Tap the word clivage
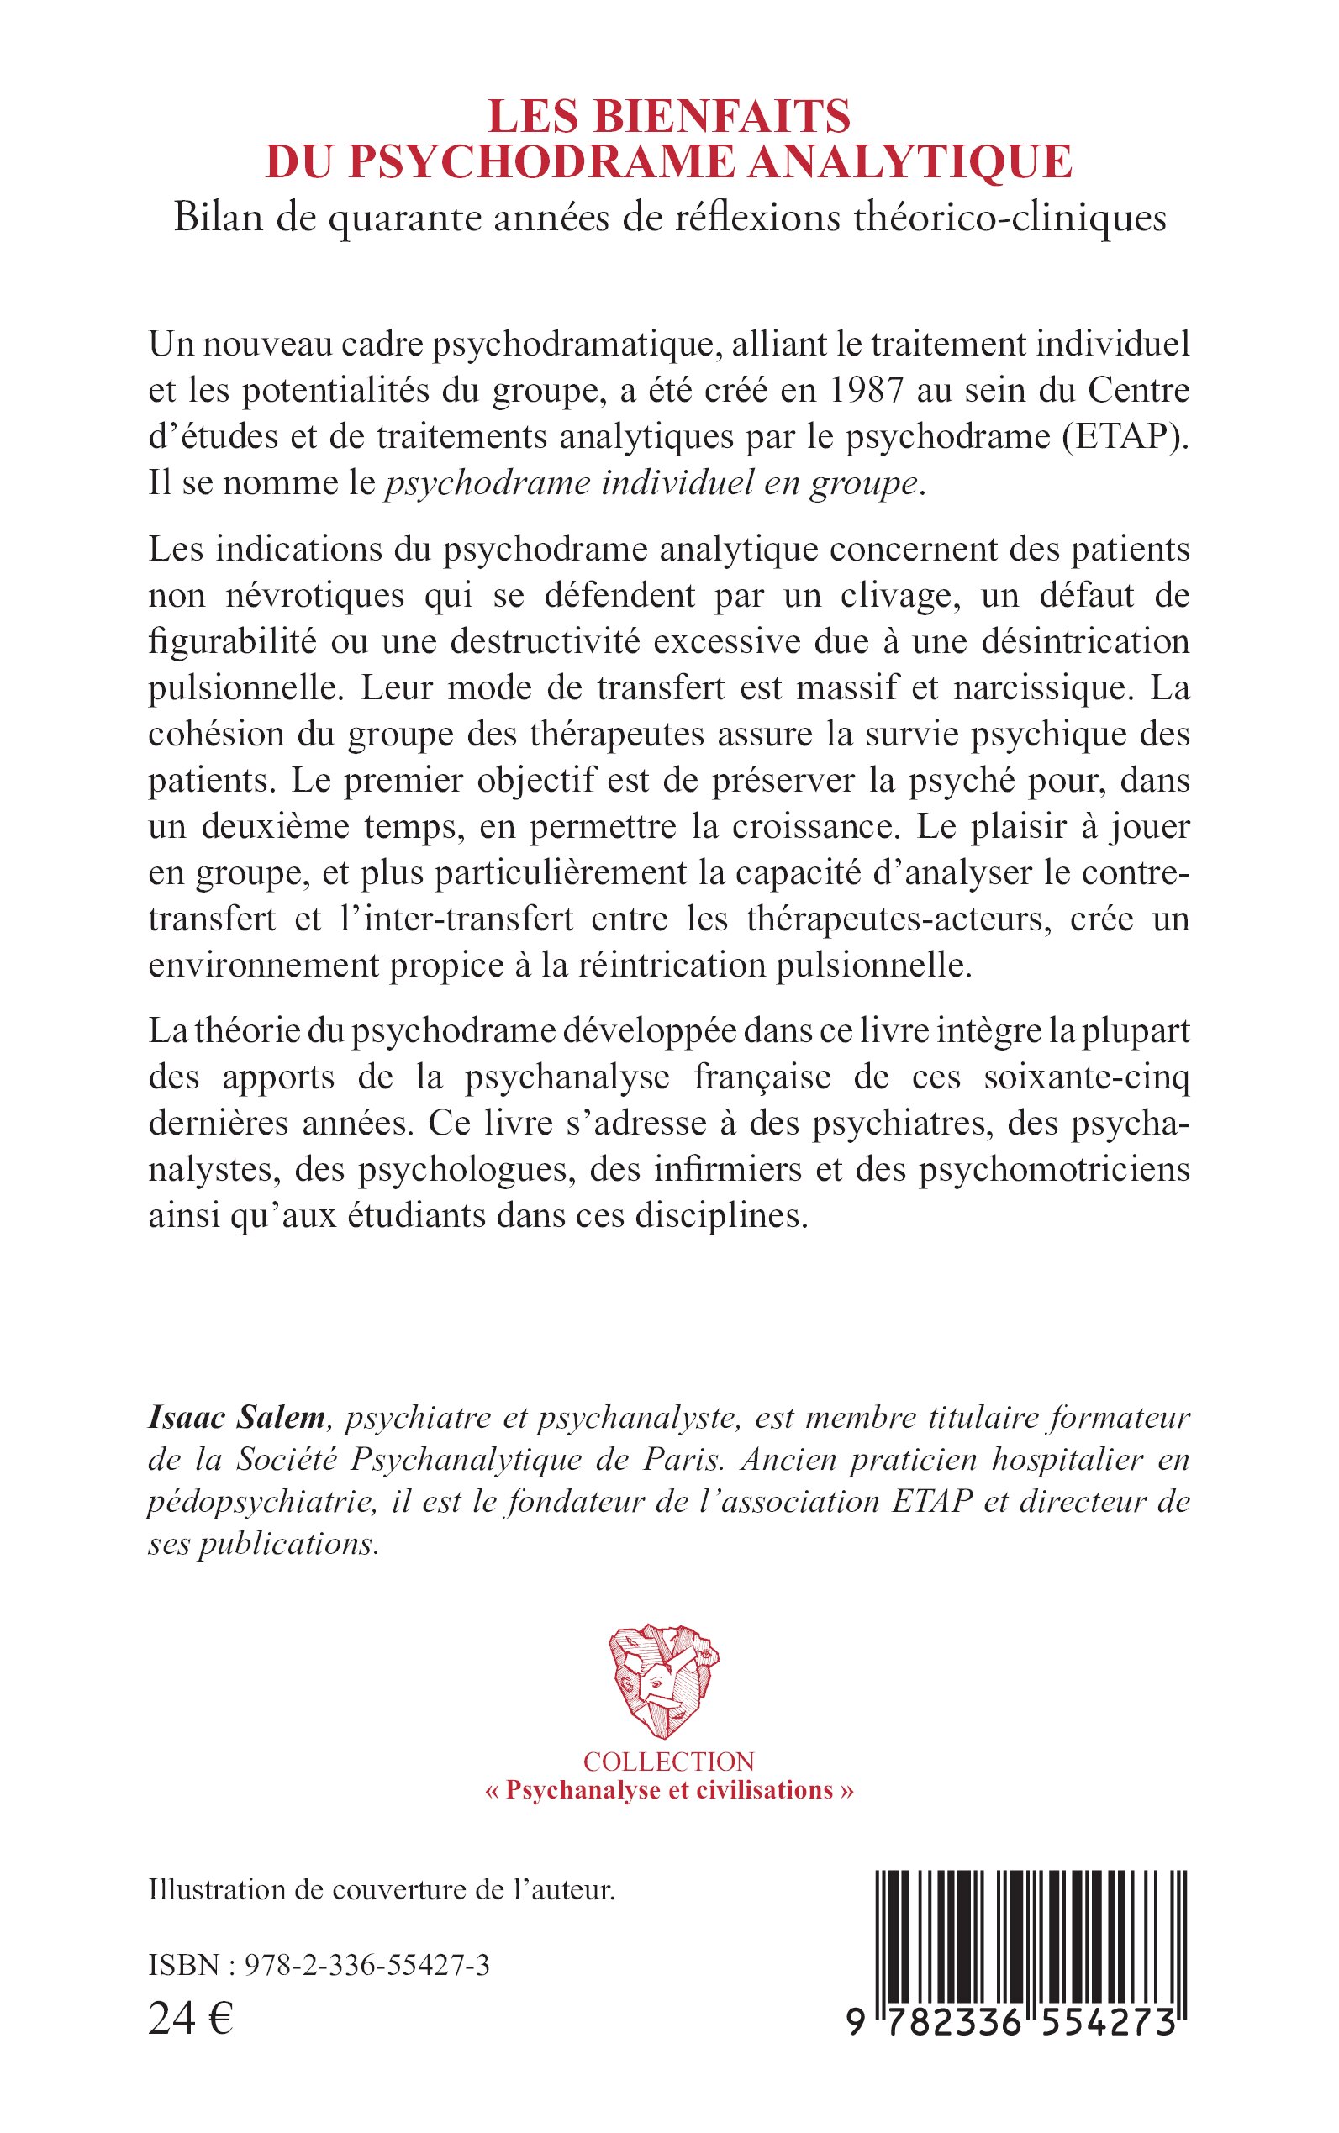coord(896,595)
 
